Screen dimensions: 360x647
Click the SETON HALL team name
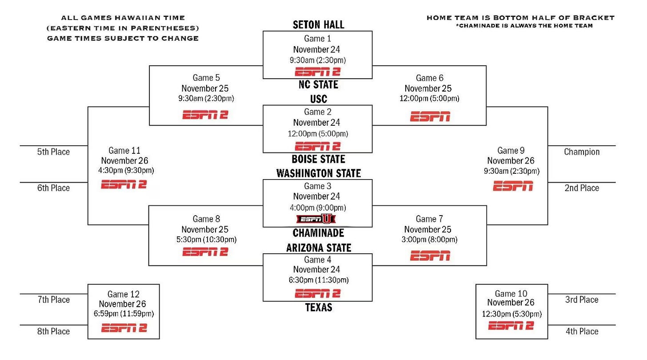pos(318,25)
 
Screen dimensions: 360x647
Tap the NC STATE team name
pos(318,84)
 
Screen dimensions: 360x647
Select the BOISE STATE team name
pos(318,159)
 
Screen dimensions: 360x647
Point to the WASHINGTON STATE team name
pos(318,173)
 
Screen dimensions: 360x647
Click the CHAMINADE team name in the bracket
pos(318,233)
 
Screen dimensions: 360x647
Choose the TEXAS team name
pos(318,307)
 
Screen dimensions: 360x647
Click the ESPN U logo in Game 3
pos(316,219)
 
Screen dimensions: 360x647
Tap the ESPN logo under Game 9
pos(513,187)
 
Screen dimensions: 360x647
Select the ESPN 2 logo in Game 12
pos(124,328)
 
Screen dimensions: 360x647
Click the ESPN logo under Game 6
pos(430,117)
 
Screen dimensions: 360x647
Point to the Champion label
pos(582,152)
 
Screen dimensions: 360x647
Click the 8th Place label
pos(53,332)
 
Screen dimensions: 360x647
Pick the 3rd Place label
pos(582,300)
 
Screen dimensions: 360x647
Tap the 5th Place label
pos(53,152)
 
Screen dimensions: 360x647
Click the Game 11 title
pos(124,151)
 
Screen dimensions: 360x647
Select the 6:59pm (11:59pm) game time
pos(123,314)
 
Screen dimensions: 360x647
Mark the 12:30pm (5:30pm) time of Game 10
pos(511,314)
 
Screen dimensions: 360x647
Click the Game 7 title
pos(429,219)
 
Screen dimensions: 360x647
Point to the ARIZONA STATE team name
pos(318,248)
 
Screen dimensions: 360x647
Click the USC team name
pos(318,99)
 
